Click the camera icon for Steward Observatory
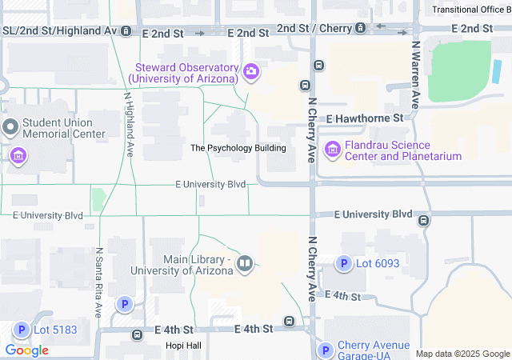click(x=251, y=73)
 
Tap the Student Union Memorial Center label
click(x=63, y=128)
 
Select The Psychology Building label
click(x=238, y=148)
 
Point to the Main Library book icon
click(x=246, y=263)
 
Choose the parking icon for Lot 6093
click(x=343, y=263)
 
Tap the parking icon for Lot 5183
click(x=21, y=329)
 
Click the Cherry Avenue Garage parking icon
click(x=325, y=350)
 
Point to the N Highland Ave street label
click(x=128, y=123)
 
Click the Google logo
click(x=26, y=350)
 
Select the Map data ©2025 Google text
click(x=462, y=354)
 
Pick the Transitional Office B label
click(x=471, y=10)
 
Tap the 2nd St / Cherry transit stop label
click(x=314, y=28)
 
